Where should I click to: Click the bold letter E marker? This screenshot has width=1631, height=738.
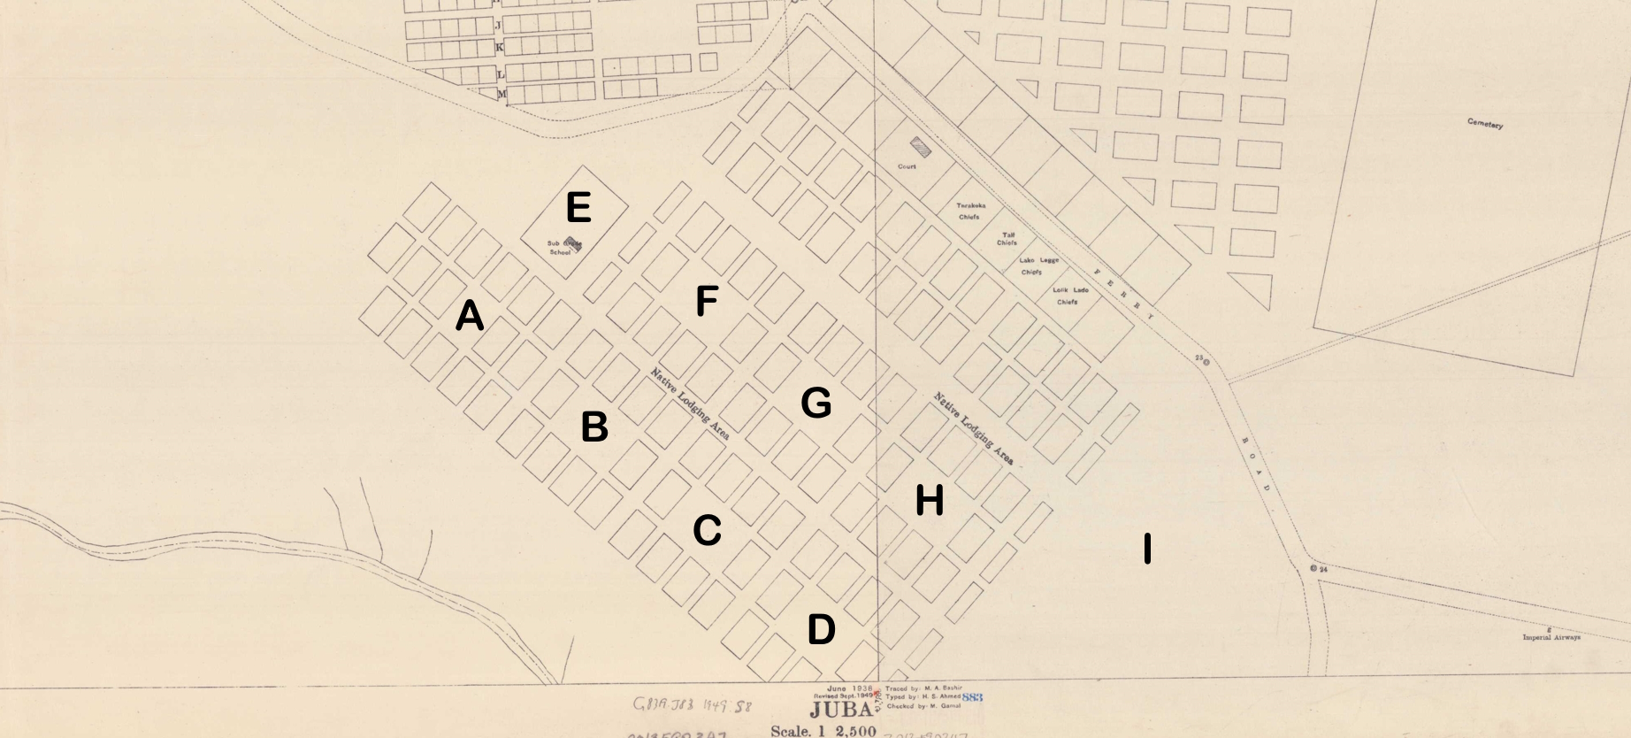point(578,208)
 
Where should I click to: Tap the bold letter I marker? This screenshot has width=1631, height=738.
point(1147,549)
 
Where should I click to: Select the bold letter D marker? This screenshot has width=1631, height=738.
point(821,630)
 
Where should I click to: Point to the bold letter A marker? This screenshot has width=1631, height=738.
point(470,316)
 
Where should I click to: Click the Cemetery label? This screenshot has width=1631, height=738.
point(1484,124)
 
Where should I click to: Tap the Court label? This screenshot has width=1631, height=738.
point(907,166)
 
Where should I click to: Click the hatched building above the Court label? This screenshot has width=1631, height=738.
point(920,147)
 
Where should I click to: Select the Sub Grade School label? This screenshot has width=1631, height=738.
point(563,248)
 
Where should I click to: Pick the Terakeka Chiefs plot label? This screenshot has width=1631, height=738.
point(970,211)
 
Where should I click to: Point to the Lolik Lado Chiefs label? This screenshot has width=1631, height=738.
point(1070,296)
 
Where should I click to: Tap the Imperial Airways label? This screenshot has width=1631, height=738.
point(1551,637)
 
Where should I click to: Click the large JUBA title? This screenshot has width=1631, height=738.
point(839,711)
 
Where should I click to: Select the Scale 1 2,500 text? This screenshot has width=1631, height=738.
point(823,731)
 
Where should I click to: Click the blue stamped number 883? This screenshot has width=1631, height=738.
point(972,697)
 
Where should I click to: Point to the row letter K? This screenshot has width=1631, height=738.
point(499,47)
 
